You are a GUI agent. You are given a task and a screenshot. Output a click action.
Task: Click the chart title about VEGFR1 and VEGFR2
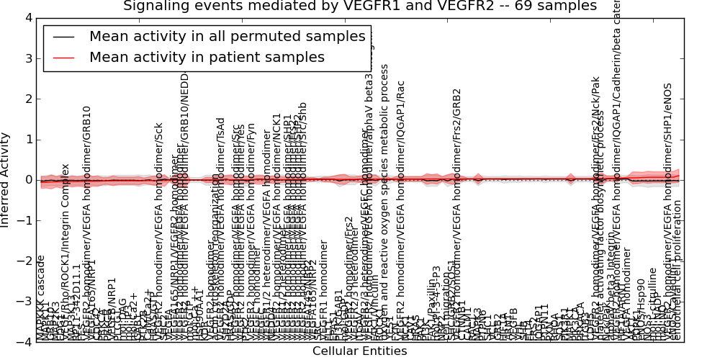(x=359, y=6)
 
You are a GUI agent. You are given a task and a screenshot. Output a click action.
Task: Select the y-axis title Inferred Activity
(x=6, y=179)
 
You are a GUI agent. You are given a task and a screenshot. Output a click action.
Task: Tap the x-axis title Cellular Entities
(x=359, y=351)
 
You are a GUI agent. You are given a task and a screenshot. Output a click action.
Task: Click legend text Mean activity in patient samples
(x=207, y=57)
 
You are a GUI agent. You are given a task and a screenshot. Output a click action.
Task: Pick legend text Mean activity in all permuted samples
(x=228, y=37)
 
